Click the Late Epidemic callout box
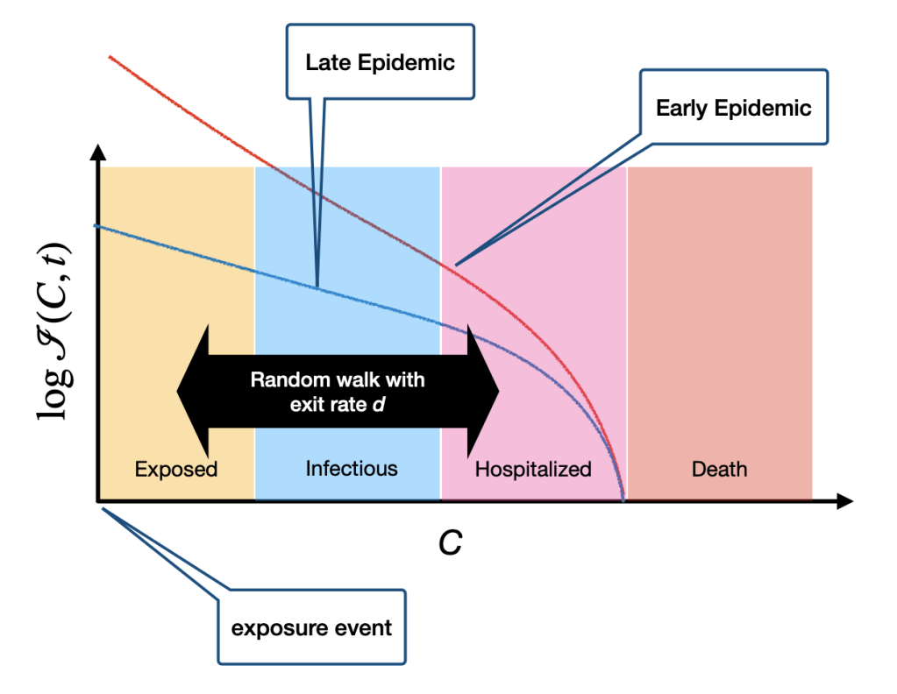point(379,63)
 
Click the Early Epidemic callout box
point(733,109)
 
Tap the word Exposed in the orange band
point(175,469)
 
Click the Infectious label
point(351,469)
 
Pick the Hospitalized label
point(533,469)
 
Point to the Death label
point(719,469)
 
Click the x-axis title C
point(450,544)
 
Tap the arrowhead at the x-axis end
point(844,501)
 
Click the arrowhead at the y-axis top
point(98,154)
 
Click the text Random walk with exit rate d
point(338,393)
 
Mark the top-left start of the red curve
point(110,57)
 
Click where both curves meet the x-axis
point(623,499)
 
